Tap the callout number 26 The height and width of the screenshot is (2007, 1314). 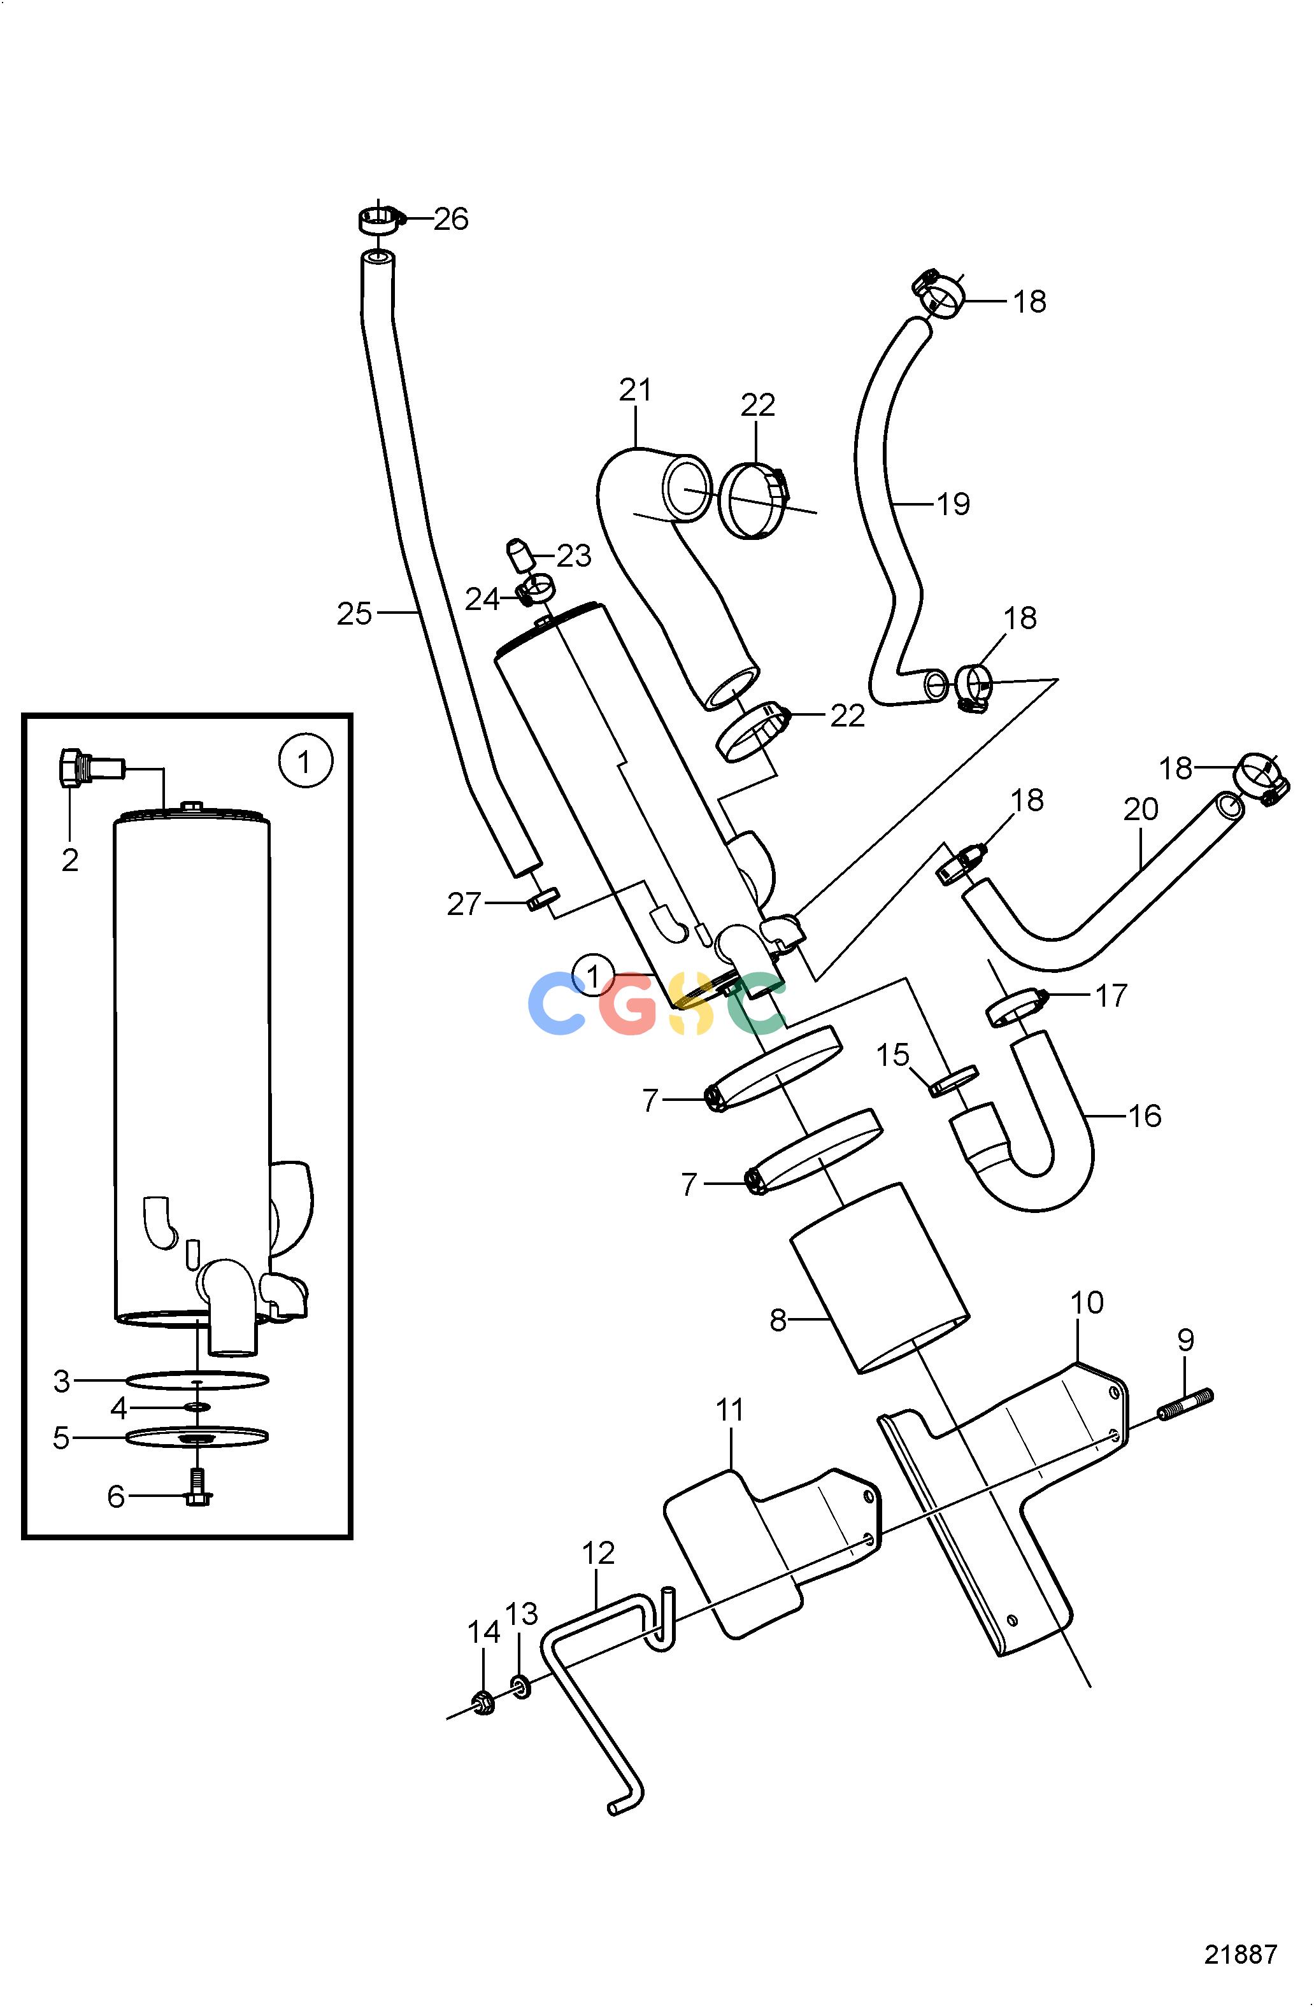click(451, 219)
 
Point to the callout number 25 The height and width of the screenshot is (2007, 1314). click(354, 614)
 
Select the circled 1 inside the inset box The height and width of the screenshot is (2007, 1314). click(305, 763)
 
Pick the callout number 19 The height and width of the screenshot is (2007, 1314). click(954, 504)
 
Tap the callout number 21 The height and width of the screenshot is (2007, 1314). click(636, 390)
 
